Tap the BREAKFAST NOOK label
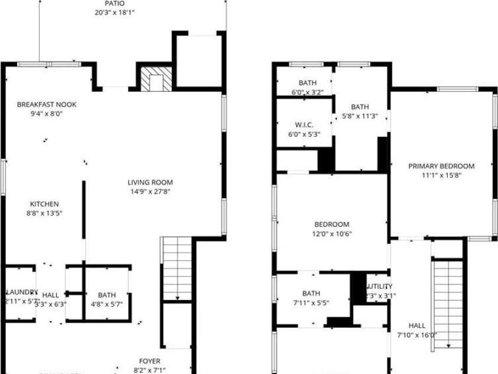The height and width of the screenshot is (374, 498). pyautogui.click(x=47, y=104)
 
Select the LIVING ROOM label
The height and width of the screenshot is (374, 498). pyautogui.click(x=151, y=182)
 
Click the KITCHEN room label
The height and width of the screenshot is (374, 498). pyautogui.click(x=45, y=204)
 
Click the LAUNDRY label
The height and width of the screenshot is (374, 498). pyautogui.click(x=22, y=292)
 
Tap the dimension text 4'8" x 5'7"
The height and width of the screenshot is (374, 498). pyautogui.click(x=107, y=305)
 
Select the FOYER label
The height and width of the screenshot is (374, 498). pyautogui.click(x=149, y=361)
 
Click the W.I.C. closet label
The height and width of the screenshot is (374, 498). pyautogui.click(x=304, y=124)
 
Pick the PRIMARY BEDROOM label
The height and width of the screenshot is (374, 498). pyautogui.click(x=441, y=166)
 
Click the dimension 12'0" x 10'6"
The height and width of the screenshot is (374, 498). pyautogui.click(x=331, y=234)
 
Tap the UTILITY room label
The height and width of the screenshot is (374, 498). pyautogui.click(x=379, y=286)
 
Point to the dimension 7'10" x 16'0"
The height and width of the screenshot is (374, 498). pyautogui.click(x=417, y=335)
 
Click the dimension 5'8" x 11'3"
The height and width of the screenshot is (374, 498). pyautogui.click(x=360, y=117)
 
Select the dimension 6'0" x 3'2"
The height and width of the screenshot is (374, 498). pyautogui.click(x=308, y=92)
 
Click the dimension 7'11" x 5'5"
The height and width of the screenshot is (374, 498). pyautogui.click(x=311, y=303)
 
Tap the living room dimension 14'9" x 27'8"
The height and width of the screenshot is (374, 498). pyautogui.click(x=151, y=192)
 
